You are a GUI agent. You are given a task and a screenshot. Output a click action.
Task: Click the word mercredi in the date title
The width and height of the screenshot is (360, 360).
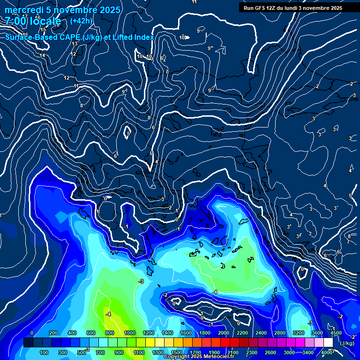click(23, 10)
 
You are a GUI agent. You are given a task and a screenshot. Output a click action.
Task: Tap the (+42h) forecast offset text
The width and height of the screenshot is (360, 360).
click(81, 21)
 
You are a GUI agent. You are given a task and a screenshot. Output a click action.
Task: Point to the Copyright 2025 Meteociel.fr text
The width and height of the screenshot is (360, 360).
click(199, 357)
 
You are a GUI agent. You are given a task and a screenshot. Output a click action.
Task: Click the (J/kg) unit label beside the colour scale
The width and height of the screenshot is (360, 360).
click(347, 344)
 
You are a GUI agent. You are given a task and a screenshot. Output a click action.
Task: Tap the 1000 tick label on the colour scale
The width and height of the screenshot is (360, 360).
click(130, 333)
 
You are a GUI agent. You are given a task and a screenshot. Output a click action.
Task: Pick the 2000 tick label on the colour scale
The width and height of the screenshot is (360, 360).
click(224, 333)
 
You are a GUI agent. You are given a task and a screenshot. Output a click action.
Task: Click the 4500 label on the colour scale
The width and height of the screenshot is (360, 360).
click(336, 333)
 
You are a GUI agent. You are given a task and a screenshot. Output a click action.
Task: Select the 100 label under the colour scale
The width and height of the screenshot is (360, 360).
click(45, 352)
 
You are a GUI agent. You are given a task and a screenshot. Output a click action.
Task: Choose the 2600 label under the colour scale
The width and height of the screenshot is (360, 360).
click(270, 352)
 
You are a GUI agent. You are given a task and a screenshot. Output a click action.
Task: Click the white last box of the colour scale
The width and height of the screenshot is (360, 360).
click(328, 343)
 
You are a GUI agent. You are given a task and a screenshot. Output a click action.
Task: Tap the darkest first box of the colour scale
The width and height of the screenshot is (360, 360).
click(28, 343)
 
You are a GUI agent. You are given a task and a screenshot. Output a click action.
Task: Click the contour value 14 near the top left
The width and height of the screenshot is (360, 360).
click(42, 56)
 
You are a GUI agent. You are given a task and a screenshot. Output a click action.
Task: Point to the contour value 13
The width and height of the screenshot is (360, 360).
click(75, 44)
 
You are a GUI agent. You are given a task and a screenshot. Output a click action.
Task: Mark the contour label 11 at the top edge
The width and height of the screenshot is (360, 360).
click(195, 2)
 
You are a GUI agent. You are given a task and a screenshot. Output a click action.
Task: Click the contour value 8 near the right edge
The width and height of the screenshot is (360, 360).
click(349, 236)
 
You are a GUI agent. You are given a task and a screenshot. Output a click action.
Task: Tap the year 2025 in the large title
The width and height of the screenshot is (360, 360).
click(107, 10)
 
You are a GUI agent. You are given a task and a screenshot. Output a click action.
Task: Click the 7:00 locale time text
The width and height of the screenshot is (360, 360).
click(33, 21)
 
